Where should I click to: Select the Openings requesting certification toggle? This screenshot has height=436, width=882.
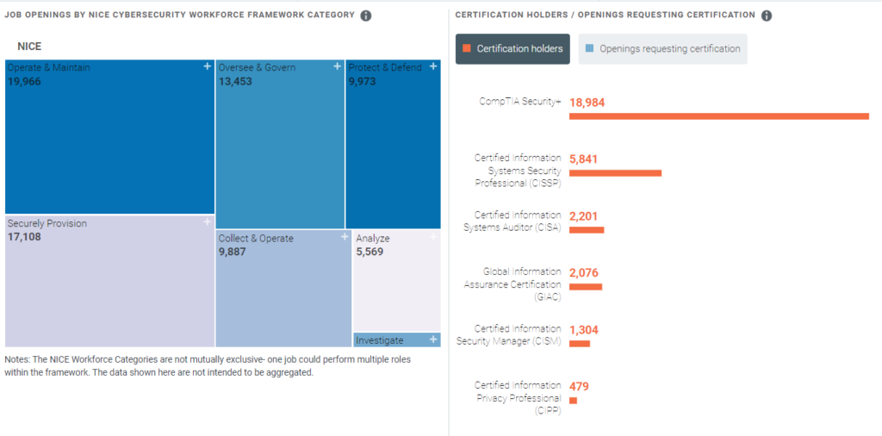(662, 49)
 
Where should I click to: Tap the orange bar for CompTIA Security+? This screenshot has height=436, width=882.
(718, 115)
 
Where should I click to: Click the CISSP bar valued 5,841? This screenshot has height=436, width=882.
(615, 173)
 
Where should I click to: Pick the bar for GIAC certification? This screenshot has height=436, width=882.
(586, 286)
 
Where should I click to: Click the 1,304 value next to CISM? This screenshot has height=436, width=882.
(583, 329)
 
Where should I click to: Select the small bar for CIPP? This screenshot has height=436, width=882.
(573, 400)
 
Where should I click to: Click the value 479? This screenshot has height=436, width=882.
(579, 386)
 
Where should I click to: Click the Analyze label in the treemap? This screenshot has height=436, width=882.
(373, 239)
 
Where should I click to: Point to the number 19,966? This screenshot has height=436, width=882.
(24, 82)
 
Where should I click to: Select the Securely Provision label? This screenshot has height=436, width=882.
(47, 224)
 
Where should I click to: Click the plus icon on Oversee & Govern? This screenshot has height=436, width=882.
(337, 66)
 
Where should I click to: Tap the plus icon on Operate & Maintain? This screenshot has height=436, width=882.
(207, 66)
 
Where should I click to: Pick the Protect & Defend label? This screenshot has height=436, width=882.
(385, 67)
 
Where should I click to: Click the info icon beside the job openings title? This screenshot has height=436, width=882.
(366, 16)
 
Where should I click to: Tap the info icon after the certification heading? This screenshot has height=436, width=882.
(767, 16)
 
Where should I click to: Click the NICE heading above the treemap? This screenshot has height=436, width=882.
(29, 46)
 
